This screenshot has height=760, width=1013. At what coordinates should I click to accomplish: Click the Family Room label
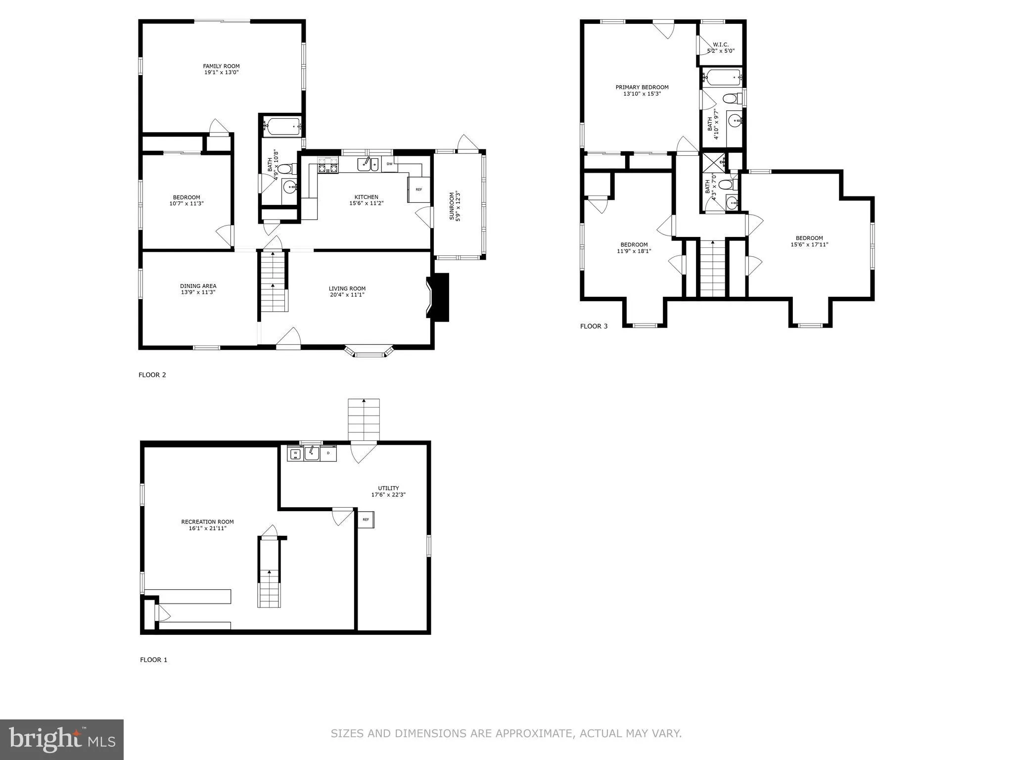point(221,66)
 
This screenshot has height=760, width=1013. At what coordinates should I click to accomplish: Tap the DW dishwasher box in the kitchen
point(389,164)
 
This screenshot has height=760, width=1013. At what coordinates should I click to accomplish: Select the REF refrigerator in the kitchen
point(418,190)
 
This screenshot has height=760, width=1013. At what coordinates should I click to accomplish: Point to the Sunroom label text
point(452,207)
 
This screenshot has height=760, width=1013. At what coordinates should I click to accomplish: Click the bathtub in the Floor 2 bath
point(281,126)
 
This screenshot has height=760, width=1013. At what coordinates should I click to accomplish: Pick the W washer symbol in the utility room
point(295,453)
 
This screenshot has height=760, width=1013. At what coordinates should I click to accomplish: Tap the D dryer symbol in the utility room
point(328,453)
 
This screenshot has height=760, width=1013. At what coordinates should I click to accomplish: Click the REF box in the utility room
point(366,520)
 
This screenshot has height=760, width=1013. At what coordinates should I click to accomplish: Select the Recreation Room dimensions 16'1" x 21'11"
point(207,528)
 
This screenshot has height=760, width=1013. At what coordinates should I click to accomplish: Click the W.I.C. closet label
point(721,45)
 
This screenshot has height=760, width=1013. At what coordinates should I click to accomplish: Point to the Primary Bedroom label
point(642,87)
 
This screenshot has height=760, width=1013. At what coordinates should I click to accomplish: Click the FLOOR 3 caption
point(594,326)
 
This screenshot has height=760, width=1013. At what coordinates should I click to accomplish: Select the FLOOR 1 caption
point(154,660)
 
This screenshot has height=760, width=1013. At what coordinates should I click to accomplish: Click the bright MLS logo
point(62,740)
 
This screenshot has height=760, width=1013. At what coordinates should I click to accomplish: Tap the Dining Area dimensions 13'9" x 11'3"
point(198,292)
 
